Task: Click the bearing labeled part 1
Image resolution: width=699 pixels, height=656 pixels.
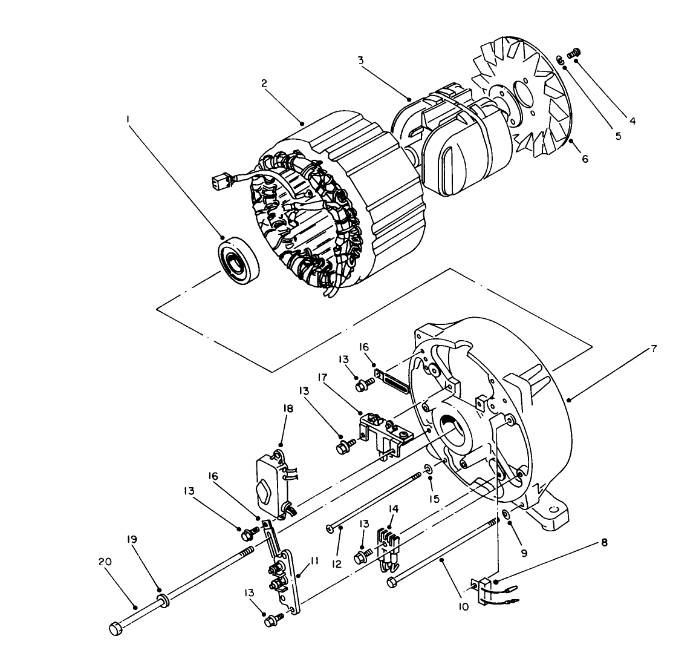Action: tap(239, 262)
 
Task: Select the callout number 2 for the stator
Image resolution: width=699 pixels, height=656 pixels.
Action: tap(264, 84)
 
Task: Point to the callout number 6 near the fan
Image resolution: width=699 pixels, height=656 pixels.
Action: tap(585, 159)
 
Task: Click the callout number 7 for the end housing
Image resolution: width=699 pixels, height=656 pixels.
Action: tap(654, 349)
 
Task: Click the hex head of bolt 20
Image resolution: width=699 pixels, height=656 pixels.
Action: tap(116, 629)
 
